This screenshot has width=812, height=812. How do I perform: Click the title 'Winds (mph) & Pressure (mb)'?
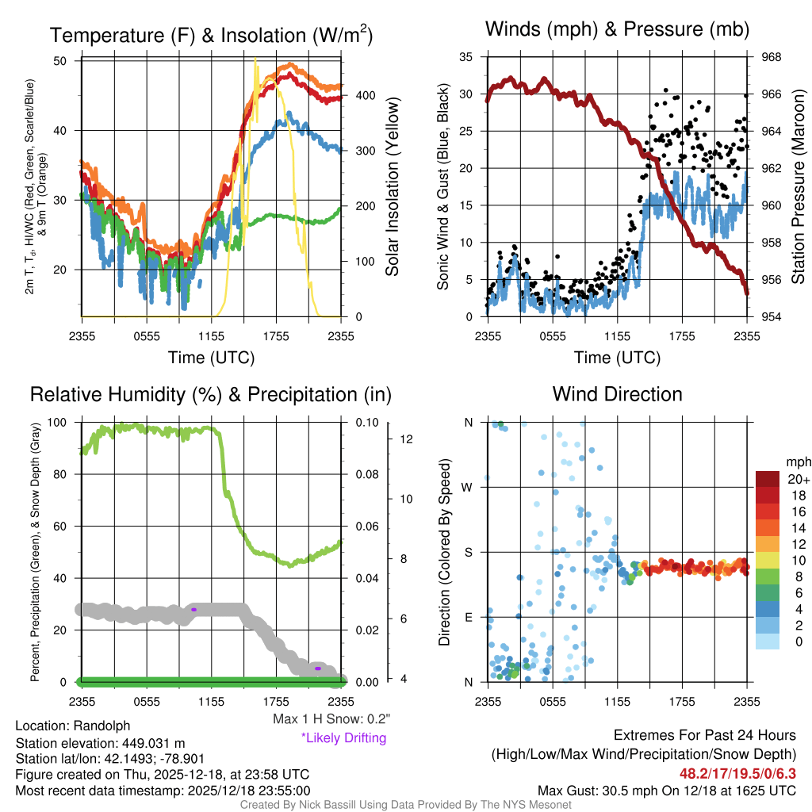coord(617,30)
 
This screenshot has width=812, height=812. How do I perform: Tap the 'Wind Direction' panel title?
coord(617,394)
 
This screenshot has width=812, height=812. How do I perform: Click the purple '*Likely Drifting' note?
coord(343,738)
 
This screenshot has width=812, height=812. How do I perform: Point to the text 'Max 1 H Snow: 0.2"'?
coord(331,719)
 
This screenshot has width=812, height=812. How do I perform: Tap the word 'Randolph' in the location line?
coord(101,726)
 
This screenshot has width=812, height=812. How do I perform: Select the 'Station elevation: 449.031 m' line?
coord(100,743)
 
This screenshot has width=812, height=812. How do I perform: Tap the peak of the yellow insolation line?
coord(255,59)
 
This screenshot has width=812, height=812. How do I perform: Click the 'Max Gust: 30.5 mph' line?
coord(666,791)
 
